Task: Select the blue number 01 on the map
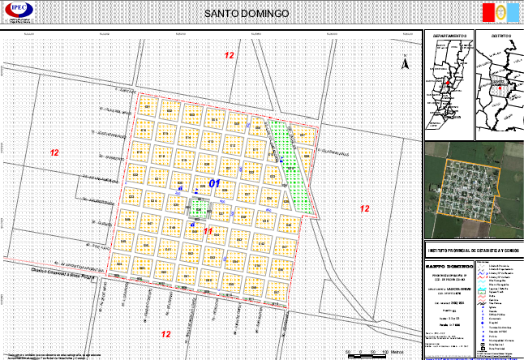pos(215,184)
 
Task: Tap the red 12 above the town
pos(230,55)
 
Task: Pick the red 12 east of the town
pos(365,209)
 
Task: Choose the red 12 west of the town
pos(54,152)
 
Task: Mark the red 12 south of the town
pos(165,334)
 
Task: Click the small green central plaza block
pos(198,208)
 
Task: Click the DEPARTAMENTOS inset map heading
pos(449,37)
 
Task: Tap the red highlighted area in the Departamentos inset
pos(447,82)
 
